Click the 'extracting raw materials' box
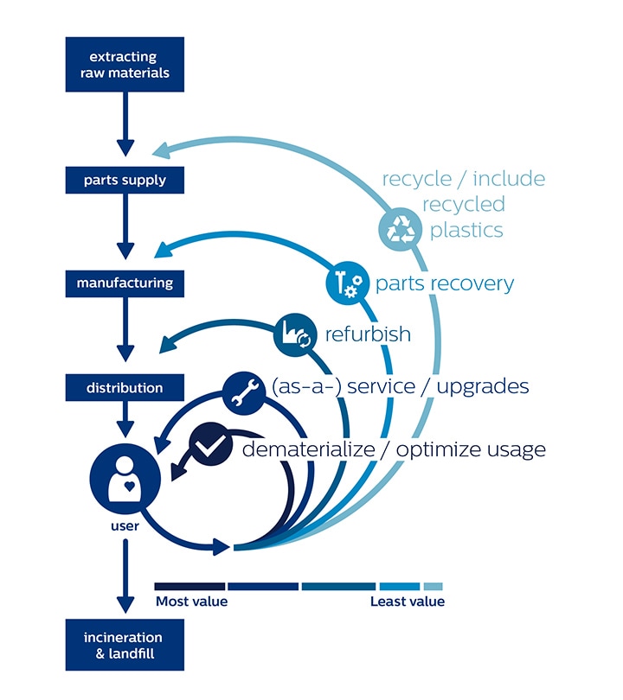[125, 65]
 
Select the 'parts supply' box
[125, 181]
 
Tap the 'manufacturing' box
[125, 283]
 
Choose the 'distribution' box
[125, 388]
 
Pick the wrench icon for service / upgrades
[244, 391]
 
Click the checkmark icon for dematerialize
[209, 444]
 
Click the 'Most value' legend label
[191, 601]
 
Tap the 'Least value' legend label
[407, 601]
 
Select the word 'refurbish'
[368, 334]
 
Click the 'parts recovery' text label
[445, 283]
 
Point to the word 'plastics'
[467, 230]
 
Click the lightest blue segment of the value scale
[434, 586]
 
